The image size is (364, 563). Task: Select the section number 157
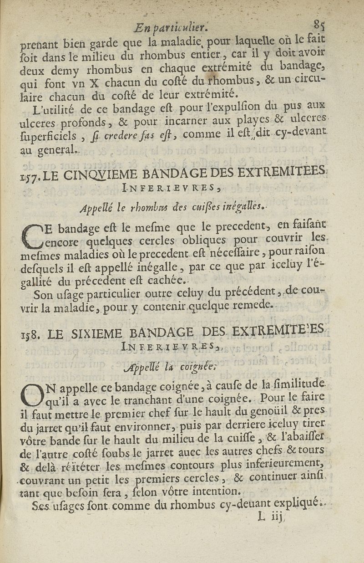coord(30,176)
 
